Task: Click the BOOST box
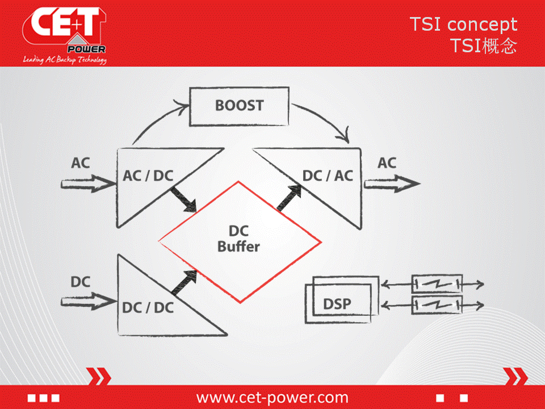239,106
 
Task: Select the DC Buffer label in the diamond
239,239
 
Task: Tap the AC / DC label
148,176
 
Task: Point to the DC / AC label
328,176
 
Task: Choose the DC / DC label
148,308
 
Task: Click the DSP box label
337,304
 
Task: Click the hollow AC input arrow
89,183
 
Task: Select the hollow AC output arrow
392,183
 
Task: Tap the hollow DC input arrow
89,301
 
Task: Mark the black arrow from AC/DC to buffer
183,199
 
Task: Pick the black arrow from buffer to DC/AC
290,197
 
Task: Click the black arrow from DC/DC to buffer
184,282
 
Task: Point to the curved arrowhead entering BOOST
182,106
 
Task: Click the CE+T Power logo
65,35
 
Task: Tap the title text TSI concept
464,24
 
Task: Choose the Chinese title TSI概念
484,45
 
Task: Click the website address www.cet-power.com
272,397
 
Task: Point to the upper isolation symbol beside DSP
437,284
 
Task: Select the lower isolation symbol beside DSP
437,306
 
